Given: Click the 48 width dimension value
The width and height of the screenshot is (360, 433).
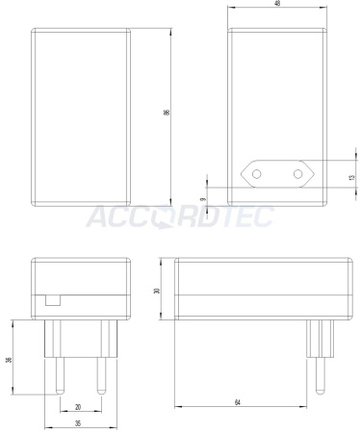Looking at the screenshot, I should (x=276, y=5).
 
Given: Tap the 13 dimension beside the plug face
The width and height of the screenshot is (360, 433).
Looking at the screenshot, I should (x=351, y=178).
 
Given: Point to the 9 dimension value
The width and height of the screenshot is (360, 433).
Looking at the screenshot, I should (x=202, y=199).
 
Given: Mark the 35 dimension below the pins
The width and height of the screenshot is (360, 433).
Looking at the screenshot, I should (x=77, y=422).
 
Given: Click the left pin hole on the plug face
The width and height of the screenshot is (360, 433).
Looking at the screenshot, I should (x=256, y=174).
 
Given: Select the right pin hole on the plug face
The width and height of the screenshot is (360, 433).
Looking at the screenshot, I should (x=297, y=174).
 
